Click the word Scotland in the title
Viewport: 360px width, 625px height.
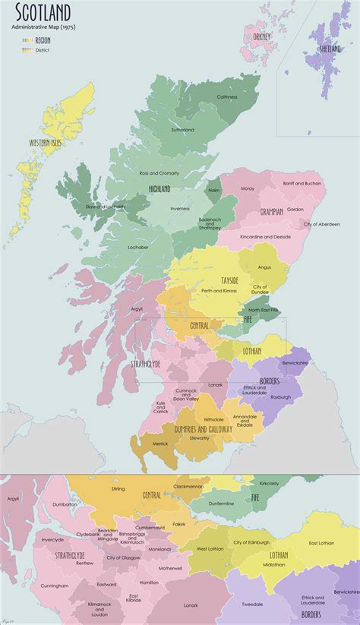pos(41,12)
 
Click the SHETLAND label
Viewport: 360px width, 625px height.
pos(330,49)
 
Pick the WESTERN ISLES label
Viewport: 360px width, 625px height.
pos(45,143)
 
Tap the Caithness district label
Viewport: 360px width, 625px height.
pos(226,97)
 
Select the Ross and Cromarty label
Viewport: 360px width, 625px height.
pos(159,173)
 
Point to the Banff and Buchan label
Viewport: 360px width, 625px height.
pos(302,184)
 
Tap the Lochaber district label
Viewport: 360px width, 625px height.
pos(138,247)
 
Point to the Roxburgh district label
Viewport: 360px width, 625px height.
pos(279,396)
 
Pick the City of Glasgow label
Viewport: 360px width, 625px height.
pos(125,558)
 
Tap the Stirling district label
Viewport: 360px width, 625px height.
pos(118,490)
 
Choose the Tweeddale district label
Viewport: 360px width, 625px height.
pos(252,604)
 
